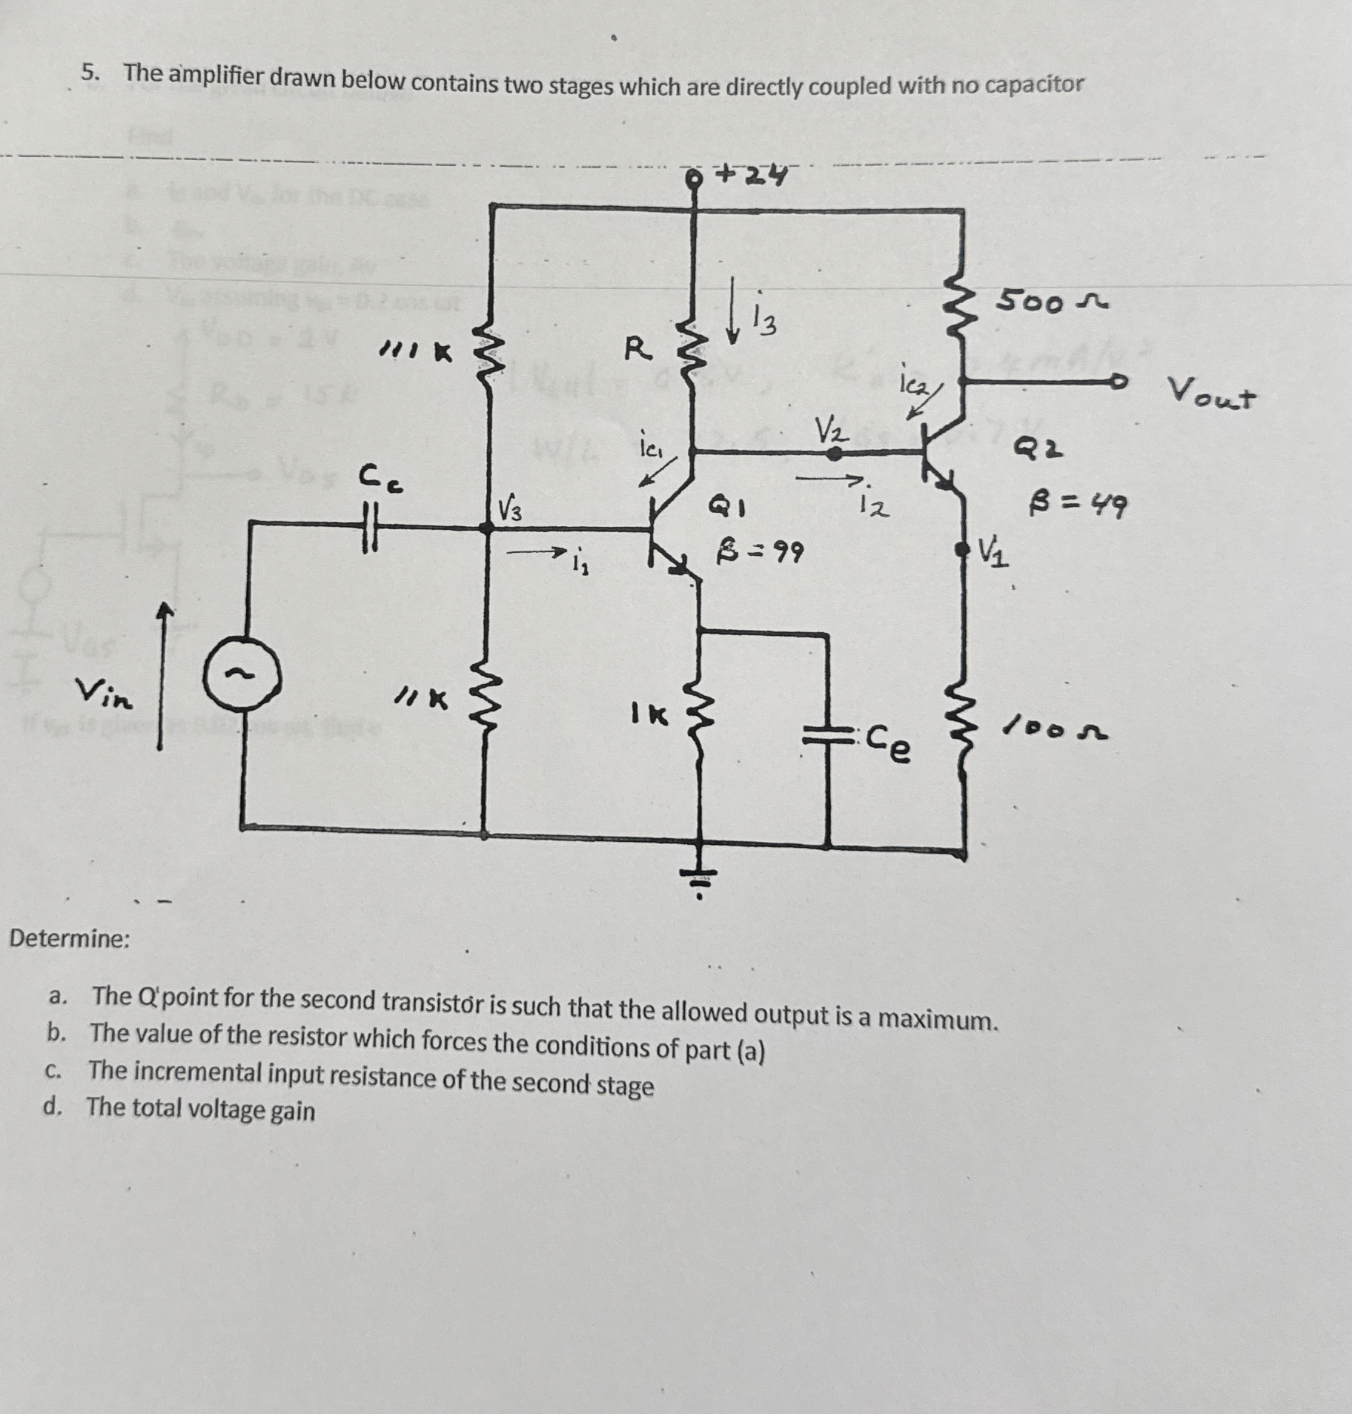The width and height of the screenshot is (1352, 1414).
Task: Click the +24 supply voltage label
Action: (x=752, y=176)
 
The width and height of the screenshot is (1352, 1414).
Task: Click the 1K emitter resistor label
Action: (x=649, y=714)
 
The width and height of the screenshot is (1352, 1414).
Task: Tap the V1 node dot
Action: (x=961, y=549)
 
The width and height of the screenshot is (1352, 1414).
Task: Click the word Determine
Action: (x=70, y=939)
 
